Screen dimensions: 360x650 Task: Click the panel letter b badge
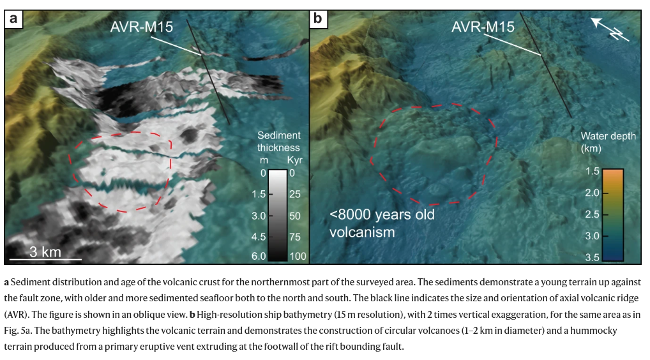(x=317, y=19)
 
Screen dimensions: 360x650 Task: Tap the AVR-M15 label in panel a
(x=142, y=27)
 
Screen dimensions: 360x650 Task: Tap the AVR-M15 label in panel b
(x=483, y=27)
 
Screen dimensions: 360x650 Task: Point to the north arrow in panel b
(x=609, y=29)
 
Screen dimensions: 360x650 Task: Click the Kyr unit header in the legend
(x=294, y=160)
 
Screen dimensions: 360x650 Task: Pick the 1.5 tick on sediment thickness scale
(x=258, y=194)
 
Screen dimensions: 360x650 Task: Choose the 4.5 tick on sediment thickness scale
(x=258, y=237)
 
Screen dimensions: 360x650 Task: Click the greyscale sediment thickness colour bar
(x=276, y=215)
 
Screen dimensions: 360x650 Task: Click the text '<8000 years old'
(x=382, y=214)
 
